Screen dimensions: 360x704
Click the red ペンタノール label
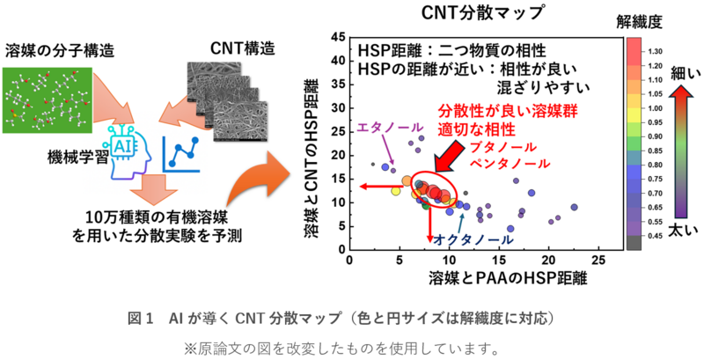pos(511,163)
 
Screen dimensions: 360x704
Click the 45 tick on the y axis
pos(337,38)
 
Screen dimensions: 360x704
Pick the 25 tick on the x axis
pos(598,261)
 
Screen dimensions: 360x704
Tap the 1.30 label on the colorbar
pos(654,52)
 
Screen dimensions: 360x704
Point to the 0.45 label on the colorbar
pos(654,235)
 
